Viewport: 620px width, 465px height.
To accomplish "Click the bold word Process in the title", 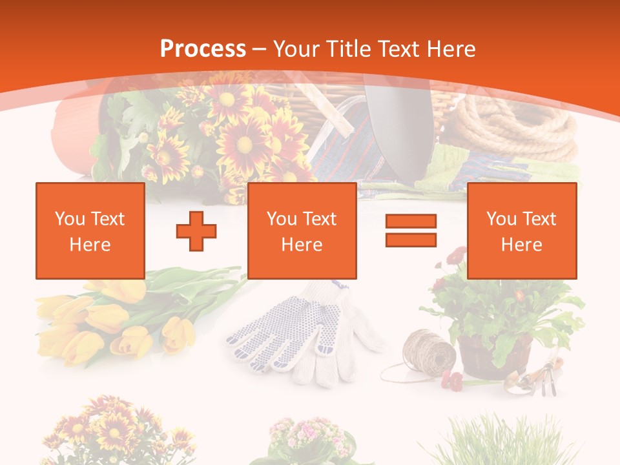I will tap(203, 48).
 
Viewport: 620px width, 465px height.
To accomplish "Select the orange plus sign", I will tap(196, 231).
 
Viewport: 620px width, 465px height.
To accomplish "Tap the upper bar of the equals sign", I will tap(411, 222).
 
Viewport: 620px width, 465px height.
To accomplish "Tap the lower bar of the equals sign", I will tap(411, 240).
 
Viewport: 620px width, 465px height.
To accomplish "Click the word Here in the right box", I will tap(521, 245).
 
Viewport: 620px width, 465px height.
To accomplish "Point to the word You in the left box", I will tap(70, 219).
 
